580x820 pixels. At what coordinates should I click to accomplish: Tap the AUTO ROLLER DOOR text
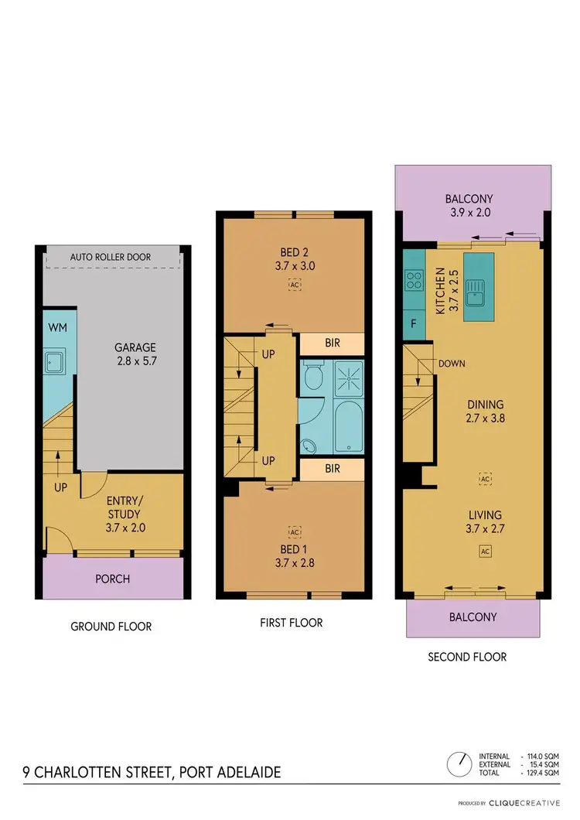[x=111, y=257]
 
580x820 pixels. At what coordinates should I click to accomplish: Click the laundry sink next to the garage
[x=54, y=360]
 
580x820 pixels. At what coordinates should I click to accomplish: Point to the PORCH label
[x=113, y=579]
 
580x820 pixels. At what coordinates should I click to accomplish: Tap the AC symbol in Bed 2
[x=293, y=285]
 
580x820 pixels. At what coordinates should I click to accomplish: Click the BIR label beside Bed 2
[x=331, y=343]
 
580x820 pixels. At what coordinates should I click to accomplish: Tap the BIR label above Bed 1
[x=331, y=469]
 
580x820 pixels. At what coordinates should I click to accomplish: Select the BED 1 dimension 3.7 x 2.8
[x=294, y=563]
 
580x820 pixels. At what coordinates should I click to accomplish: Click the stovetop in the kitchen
[x=413, y=279]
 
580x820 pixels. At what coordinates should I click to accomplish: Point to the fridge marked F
[x=413, y=323]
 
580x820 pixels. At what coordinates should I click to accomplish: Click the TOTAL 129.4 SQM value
[x=541, y=773]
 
